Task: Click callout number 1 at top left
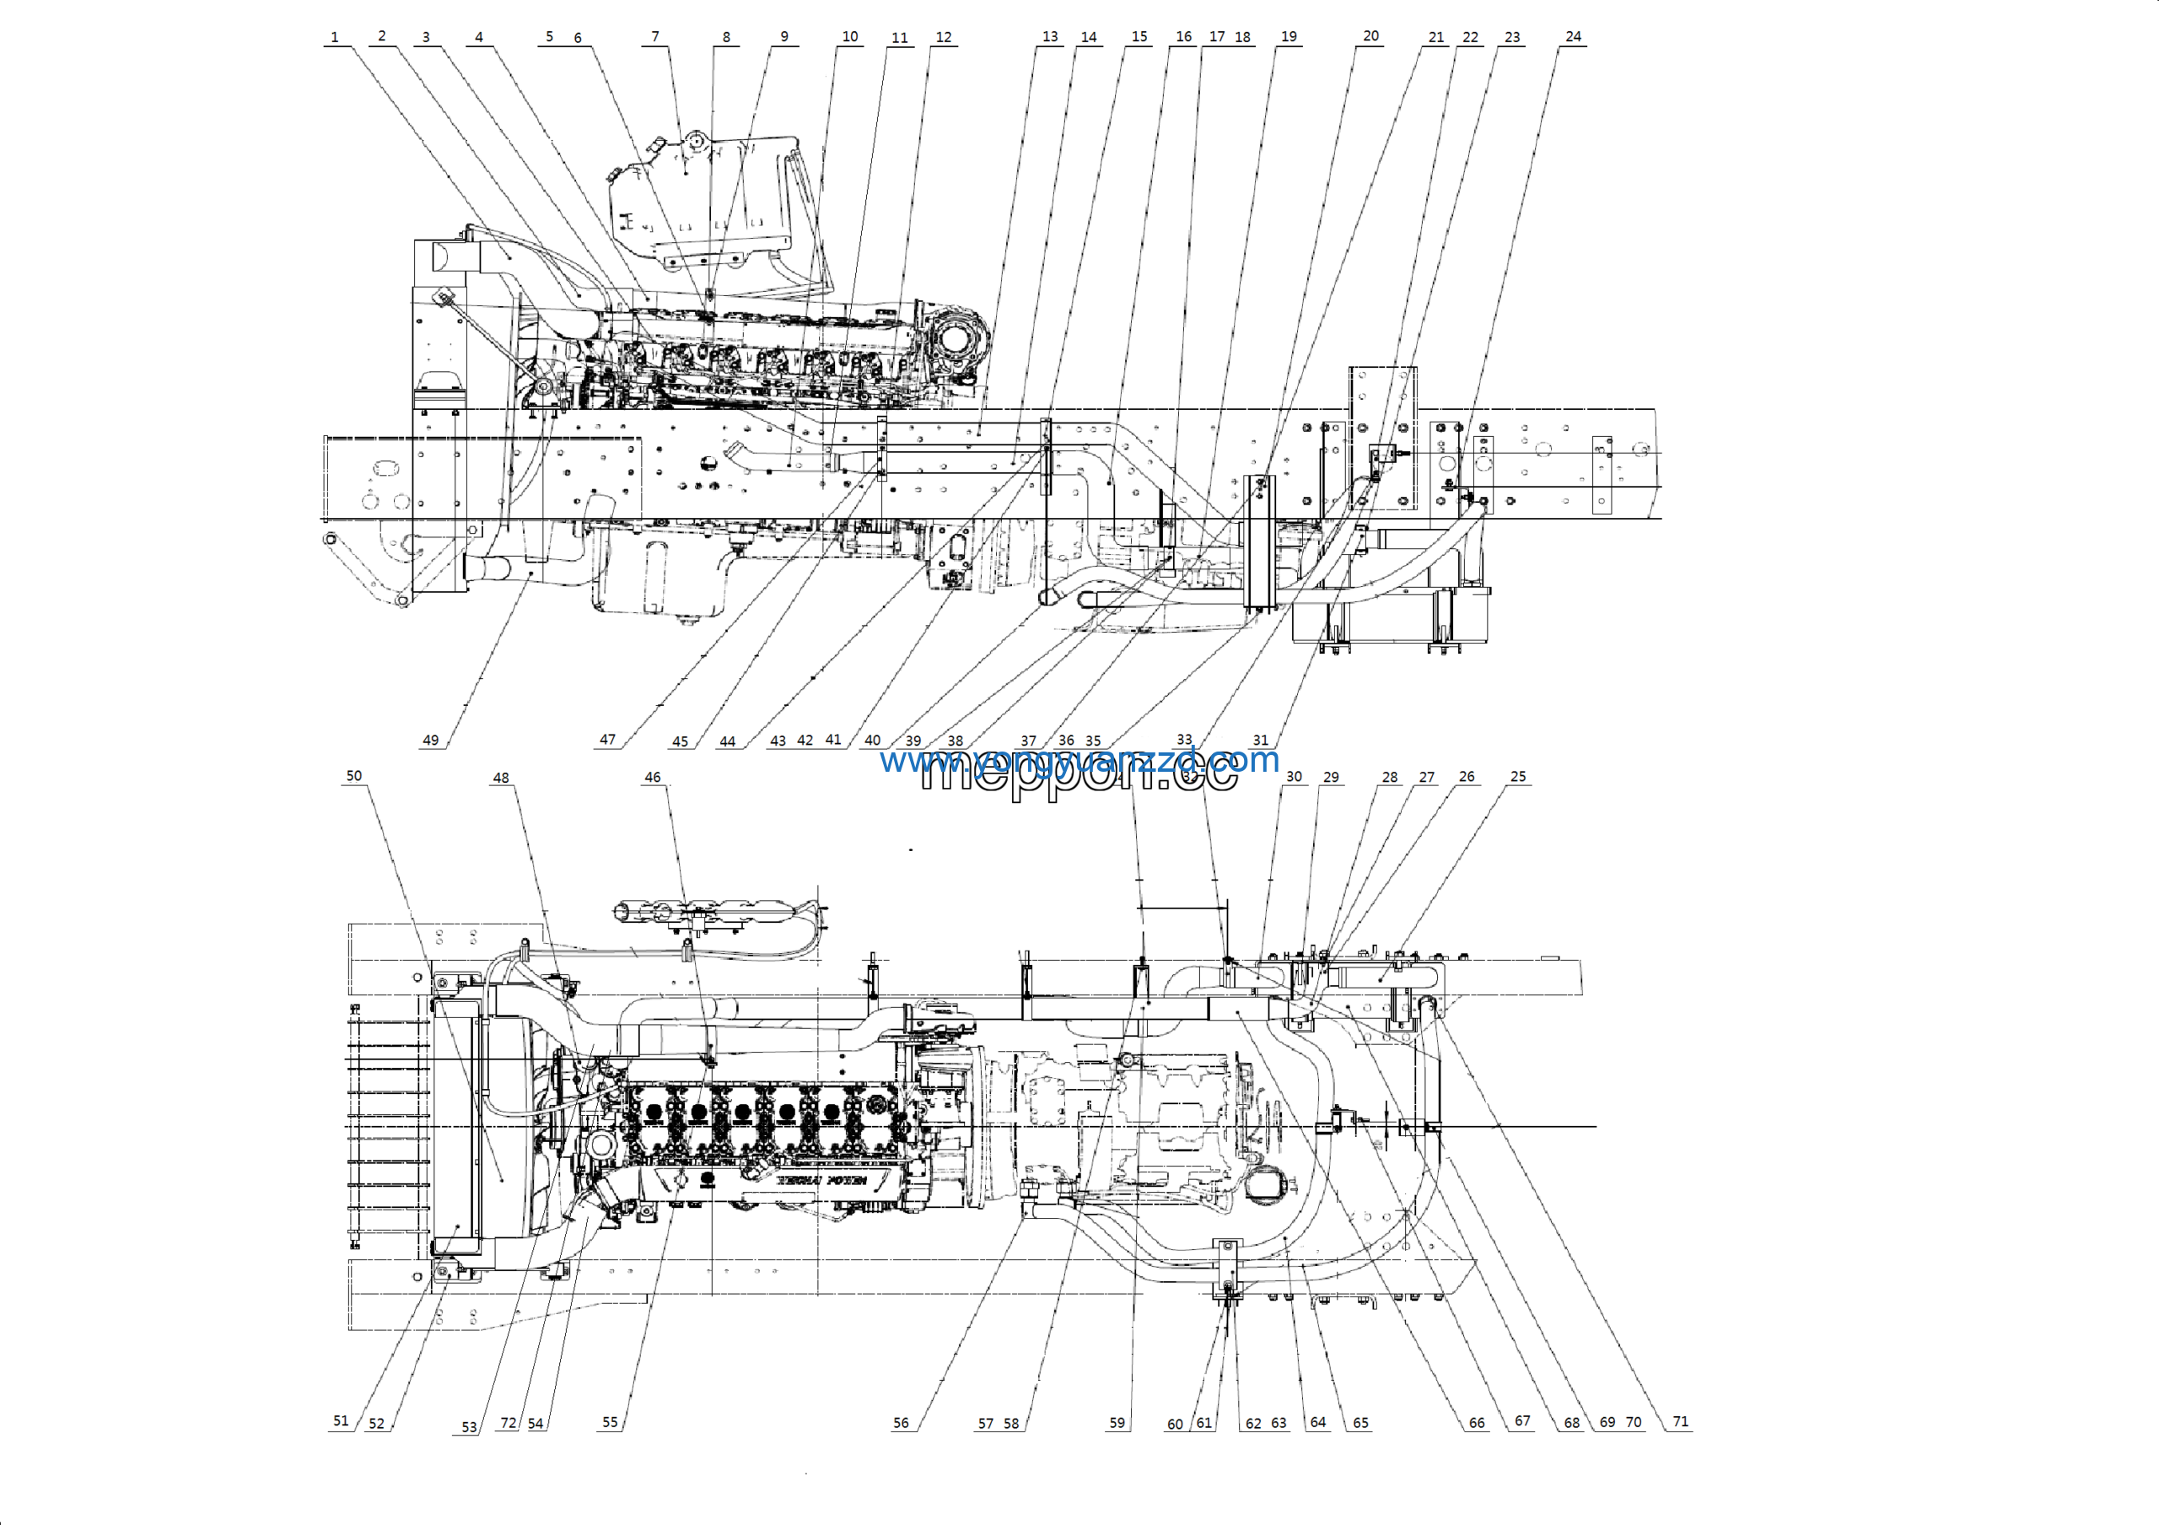pyautogui.click(x=335, y=38)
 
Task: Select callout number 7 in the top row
pyautogui.click(x=655, y=36)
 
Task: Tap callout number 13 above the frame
pyautogui.click(x=1049, y=36)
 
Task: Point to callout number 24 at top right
pyautogui.click(x=1573, y=36)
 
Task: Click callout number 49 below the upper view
pyautogui.click(x=431, y=740)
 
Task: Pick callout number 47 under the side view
pyautogui.click(x=607, y=740)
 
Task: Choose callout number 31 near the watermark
pyautogui.click(x=1260, y=740)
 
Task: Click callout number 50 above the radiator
pyautogui.click(x=353, y=776)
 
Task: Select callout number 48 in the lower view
pyautogui.click(x=501, y=778)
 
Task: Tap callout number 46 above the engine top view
pyautogui.click(x=653, y=777)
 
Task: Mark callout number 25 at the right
pyautogui.click(x=1518, y=777)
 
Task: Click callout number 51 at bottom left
pyautogui.click(x=341, y=1420)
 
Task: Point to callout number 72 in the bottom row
pyautogui.click(x=508, y=1423)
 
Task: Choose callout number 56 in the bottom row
pyautogui.click(x=901, y=1423)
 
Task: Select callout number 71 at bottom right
pyautogui.click(x=1680, y=1420)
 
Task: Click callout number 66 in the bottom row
pyautogui.click(x=1477, y=1423)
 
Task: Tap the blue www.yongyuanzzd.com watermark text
pyautogui.click(x=1079, y=760)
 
